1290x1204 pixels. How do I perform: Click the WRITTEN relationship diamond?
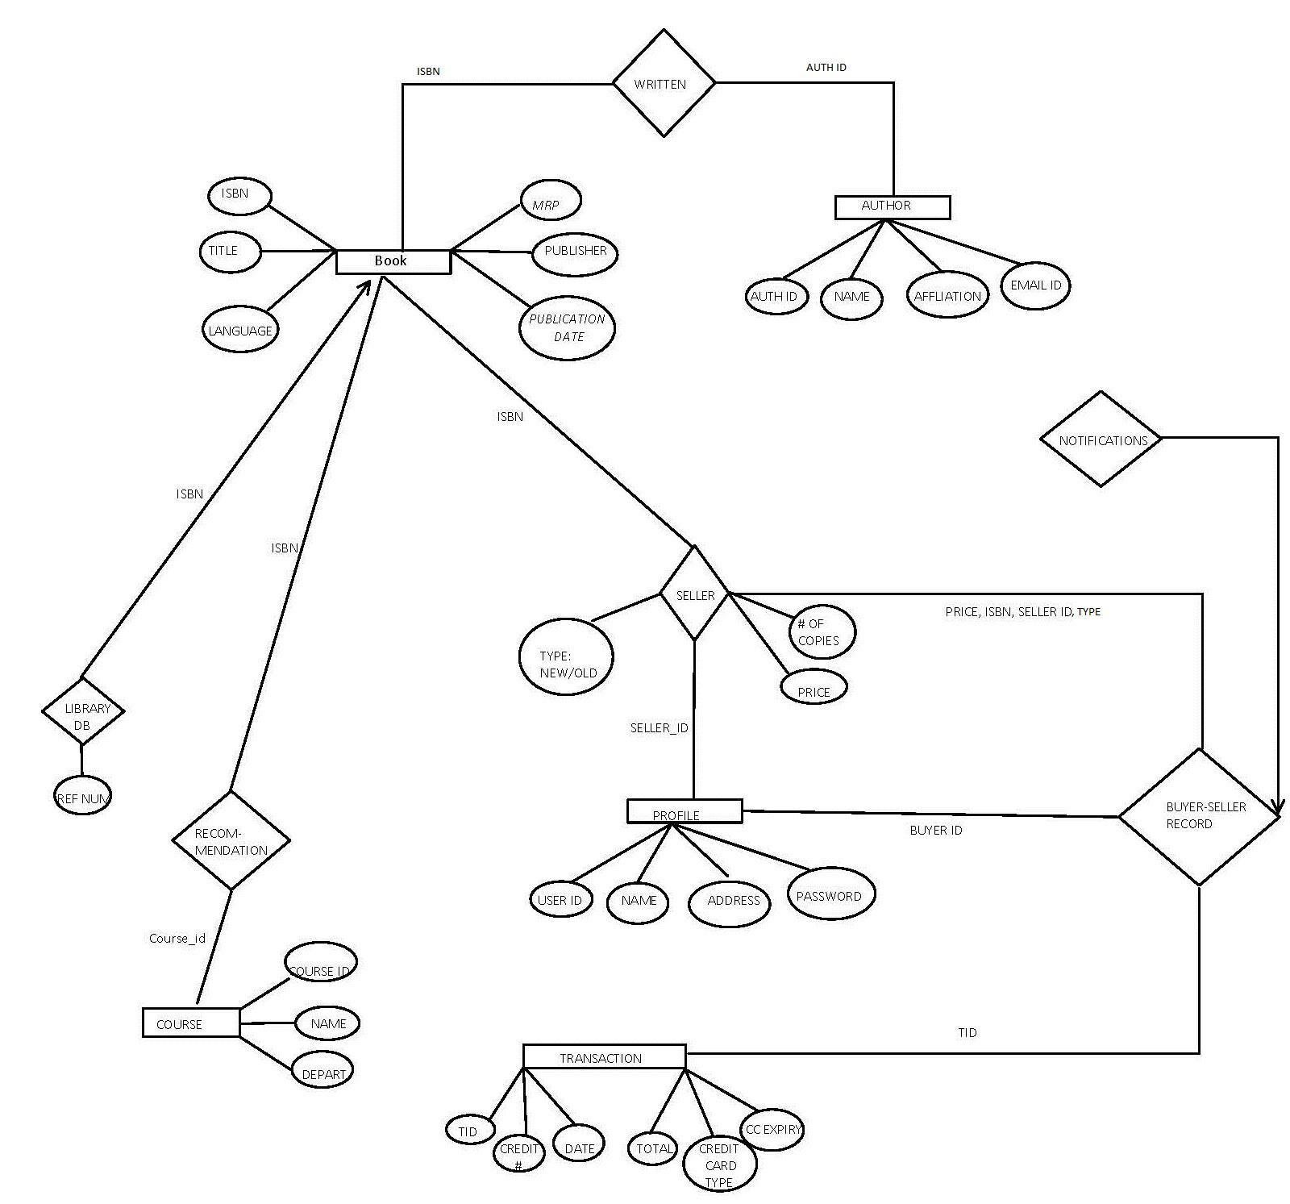(663, 83)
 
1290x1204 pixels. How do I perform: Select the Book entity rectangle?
(393, 261)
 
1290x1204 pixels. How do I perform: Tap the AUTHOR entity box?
(892, 206)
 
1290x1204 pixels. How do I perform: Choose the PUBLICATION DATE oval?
(567, 327)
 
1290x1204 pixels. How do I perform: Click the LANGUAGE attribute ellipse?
(240, 329)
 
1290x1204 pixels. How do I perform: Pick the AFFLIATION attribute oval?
(947, 295)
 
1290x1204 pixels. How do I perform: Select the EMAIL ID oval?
(1035, 285)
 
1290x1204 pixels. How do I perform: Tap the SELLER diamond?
(694, 594)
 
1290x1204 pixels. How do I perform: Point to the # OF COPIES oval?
(820, 631)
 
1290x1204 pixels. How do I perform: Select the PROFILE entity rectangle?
(684, 810)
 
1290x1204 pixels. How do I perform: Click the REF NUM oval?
(83, 797)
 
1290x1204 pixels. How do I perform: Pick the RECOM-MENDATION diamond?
(231, 840)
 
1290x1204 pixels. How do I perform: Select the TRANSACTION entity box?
(604, 1056)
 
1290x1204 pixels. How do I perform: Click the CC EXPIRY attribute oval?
(772, 1128)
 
